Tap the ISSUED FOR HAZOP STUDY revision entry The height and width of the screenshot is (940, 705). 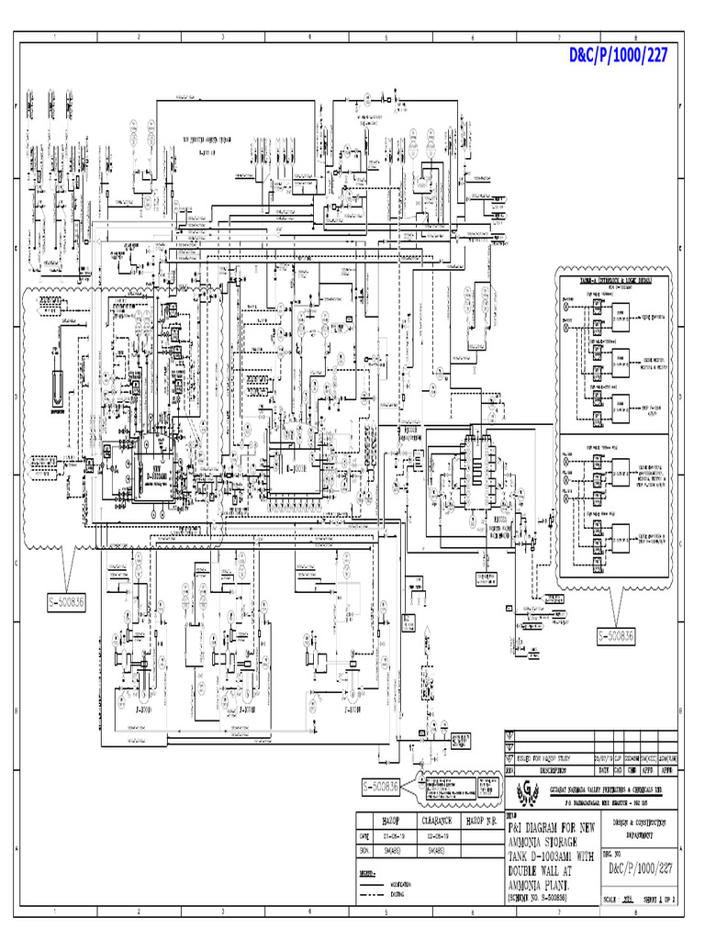[x=541, y=758]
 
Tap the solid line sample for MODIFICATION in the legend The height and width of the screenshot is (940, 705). [x=374, y=884]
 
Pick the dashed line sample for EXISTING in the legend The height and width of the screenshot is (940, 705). [x=374, y=893]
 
